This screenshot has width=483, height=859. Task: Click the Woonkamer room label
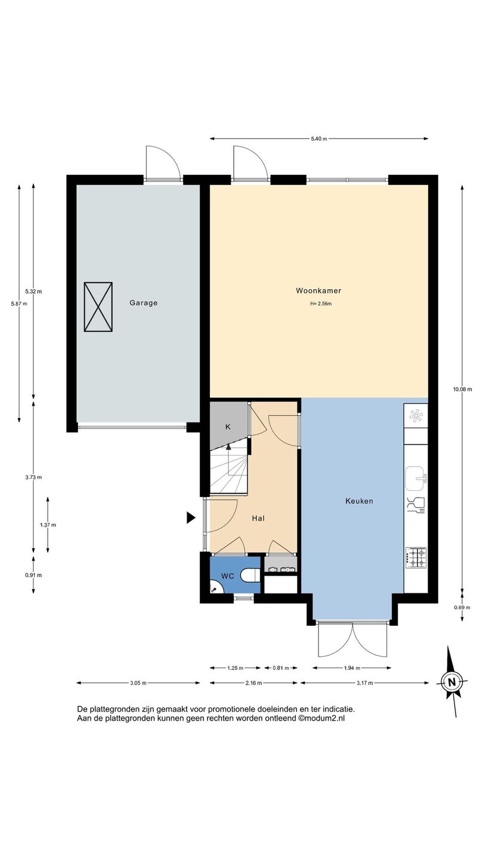tap(318, 291)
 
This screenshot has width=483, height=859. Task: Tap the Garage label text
tap(143, 303)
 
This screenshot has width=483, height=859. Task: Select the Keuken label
tap(359, 501)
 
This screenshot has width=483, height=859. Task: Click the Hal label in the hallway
tap(258, 518)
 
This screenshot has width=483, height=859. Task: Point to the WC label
tap(228, 576)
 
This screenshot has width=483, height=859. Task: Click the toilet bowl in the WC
tap(250, 575)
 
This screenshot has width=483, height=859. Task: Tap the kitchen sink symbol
tap(416, 478)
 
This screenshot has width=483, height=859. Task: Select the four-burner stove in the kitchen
tap(416, 558)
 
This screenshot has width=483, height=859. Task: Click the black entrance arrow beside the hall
tap(191, 518)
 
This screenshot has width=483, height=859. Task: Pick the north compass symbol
tap(453, 681)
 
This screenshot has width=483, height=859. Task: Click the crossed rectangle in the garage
tap(98, 307)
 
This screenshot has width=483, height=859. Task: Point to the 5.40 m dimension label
tap(319, 139)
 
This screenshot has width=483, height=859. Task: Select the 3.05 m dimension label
tap(138, 682)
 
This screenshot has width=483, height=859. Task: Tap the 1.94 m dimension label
tap(352, 668)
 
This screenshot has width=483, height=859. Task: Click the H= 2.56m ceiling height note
tap(321, 304)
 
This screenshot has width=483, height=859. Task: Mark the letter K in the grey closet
tap(228, 427)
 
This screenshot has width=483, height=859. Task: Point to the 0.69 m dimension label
tap(462, 607)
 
